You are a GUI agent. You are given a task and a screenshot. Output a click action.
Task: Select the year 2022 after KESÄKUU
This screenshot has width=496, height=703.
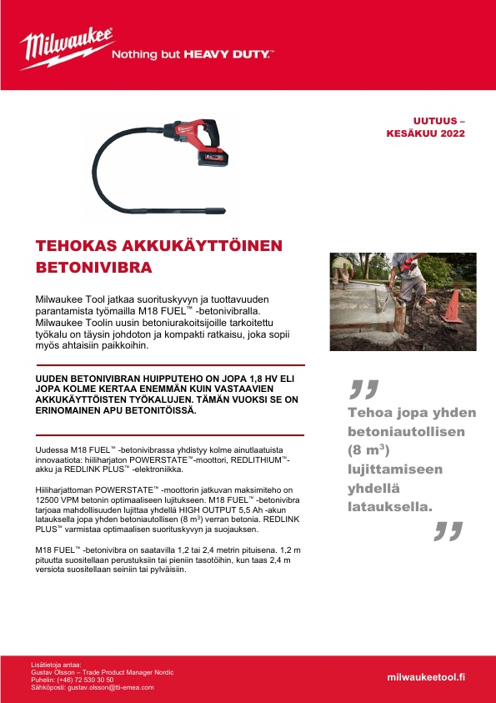coord(453,133)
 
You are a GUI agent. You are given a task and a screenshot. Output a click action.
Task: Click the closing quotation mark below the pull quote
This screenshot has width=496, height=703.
coord(448,530)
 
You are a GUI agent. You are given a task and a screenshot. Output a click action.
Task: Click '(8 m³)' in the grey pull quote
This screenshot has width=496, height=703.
coord(368,451)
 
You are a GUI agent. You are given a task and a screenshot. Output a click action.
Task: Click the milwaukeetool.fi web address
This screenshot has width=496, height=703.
coord(426,677)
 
